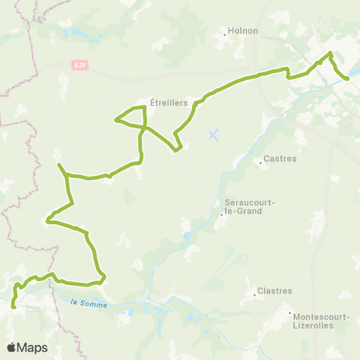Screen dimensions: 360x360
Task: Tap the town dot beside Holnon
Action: tap(225, 32)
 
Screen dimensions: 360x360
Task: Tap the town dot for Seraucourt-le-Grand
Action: tap(221, 214)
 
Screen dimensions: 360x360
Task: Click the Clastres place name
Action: tap(274, 291)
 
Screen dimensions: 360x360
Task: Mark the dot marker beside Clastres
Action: tap(255, 294)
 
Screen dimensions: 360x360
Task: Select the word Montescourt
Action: tap(320, 316)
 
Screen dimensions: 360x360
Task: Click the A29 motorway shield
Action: tap(80, 65)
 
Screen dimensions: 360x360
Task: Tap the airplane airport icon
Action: tap(214, 135)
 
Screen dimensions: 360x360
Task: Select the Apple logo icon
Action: tap(12, 347)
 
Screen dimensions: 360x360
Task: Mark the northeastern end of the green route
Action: tap(347, 78)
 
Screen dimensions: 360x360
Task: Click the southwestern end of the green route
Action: tap(13, 305)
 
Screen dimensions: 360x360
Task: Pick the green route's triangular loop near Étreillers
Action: tap(132, 117)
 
